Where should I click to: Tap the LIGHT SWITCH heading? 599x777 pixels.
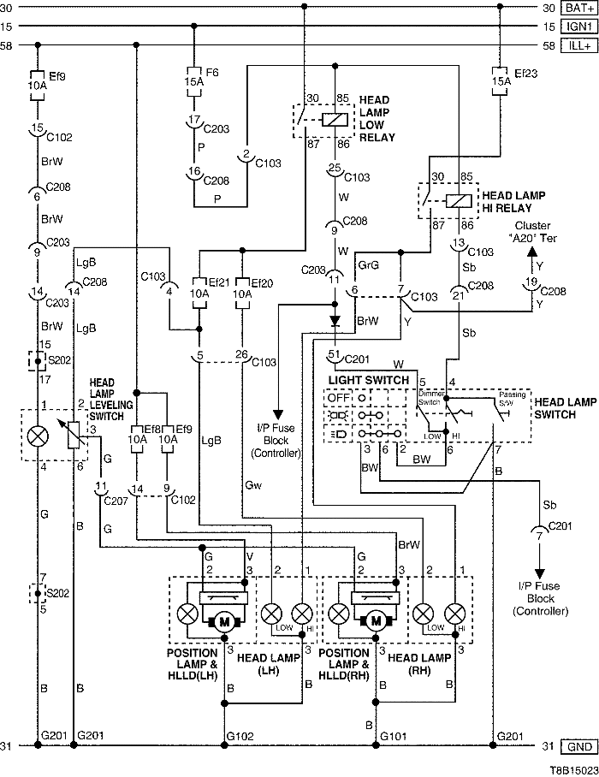click(x=363, y=378)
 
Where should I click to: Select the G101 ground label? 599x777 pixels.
click(x=394, y=735)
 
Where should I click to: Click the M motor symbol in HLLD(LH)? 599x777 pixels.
click(x=224, y=622)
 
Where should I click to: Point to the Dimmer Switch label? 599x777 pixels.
click(x=431, y=397)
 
